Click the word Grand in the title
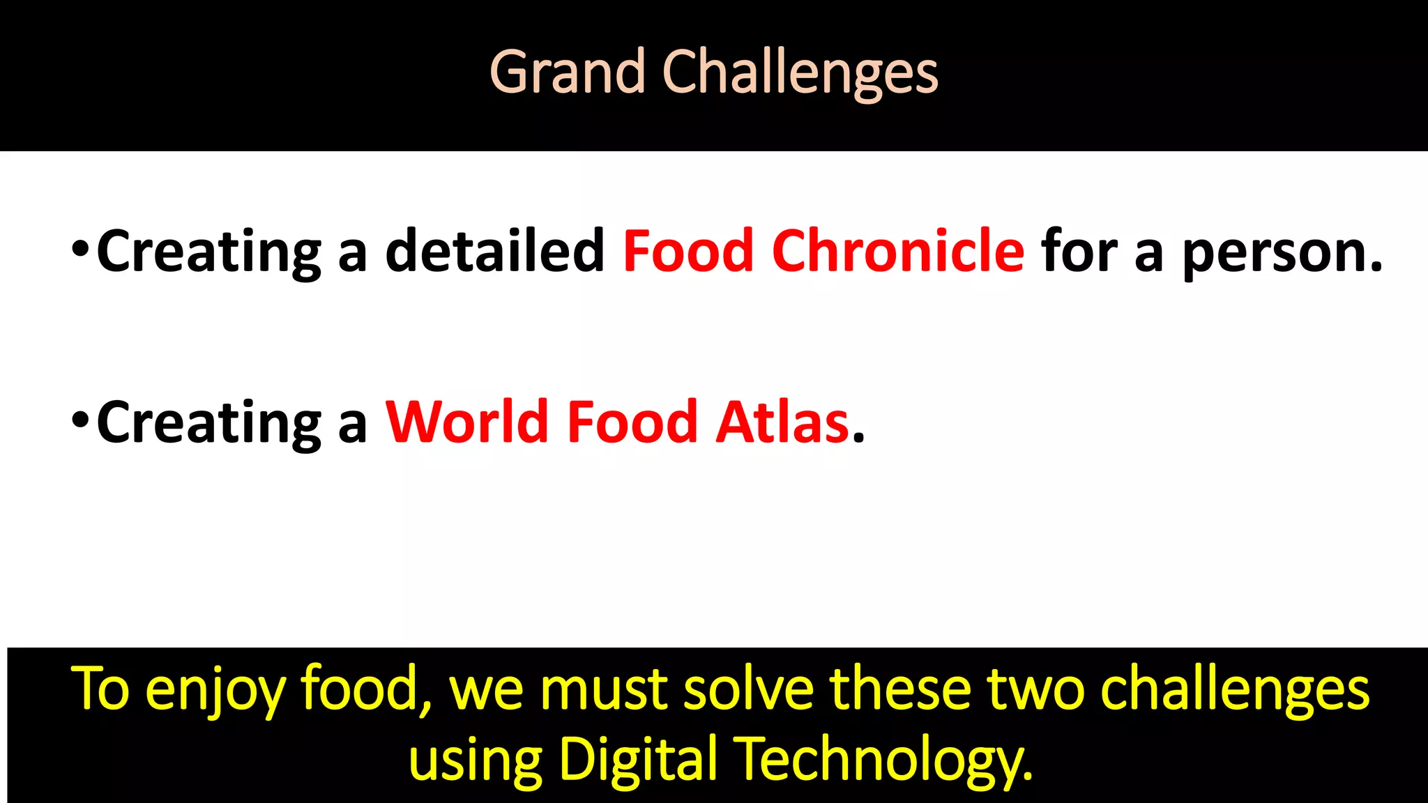pos(567,72)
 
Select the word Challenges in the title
pos(800,73)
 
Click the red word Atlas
pos(782,422)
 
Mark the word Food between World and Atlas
pos(632,422)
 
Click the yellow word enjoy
pos(215,690)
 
